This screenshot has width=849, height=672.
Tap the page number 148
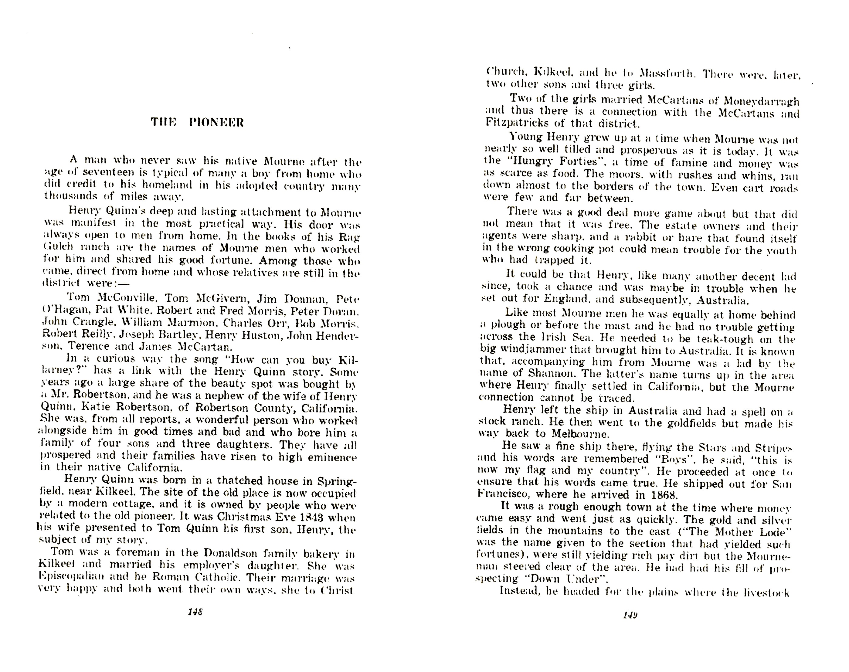195,612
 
